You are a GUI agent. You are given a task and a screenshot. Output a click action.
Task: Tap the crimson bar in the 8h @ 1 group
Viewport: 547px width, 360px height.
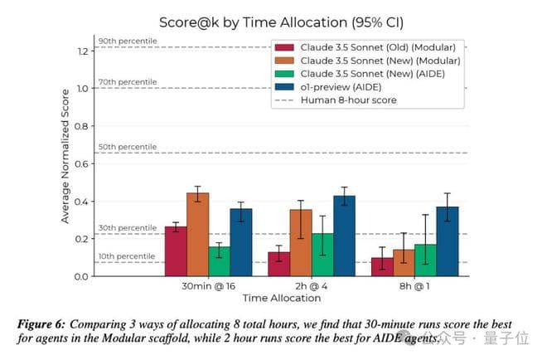tap(382, 266)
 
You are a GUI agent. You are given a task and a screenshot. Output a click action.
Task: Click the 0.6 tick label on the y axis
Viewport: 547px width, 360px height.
tap(81, 164)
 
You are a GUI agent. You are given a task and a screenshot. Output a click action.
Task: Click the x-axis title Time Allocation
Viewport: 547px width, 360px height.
tap(282, 298)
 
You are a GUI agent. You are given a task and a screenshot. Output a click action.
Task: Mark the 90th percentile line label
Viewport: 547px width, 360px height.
tap(127, 41)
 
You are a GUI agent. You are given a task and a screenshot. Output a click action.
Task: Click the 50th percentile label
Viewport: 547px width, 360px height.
tap(127, 147)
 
